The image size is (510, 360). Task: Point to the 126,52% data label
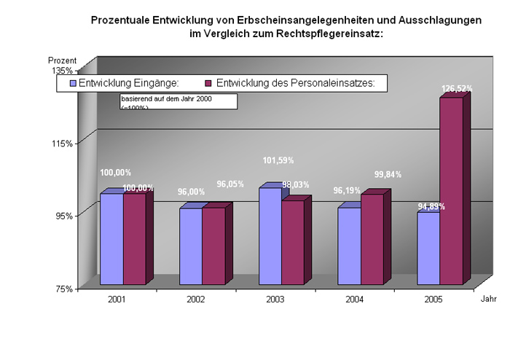(457, 88)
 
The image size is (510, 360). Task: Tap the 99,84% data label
(388, 174)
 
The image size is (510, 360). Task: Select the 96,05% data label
(230, 184)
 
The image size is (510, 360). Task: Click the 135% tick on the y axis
(63, 71)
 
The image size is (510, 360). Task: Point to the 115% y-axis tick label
(63, 144)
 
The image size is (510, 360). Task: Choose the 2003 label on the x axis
(275, 300)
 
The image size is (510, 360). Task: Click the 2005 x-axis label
(433, 300)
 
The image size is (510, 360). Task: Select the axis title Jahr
(488, 299)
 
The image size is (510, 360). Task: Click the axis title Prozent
(62, 59)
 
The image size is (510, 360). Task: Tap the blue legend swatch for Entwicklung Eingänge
(73, 83)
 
